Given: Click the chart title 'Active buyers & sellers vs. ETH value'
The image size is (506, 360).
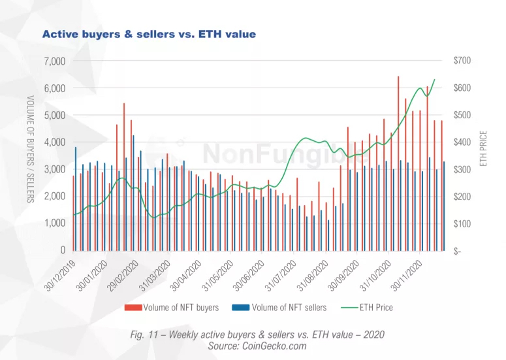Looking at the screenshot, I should [149, 33].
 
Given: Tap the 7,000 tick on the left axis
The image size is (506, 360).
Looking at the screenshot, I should [54, 61].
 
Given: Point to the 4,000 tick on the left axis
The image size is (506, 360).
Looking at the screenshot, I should [54, 142].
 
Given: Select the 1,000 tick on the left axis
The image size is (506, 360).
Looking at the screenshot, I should [54, 223].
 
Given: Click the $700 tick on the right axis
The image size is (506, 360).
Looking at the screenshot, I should [461, 61].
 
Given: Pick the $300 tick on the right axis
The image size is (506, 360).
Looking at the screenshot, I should [461, 169].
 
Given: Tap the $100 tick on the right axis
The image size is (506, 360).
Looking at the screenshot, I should [461, 223].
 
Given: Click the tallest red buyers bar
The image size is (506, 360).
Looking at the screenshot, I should [398, 163].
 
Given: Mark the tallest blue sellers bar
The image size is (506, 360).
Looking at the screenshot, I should [134, 193].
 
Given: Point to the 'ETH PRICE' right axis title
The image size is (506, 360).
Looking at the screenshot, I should [484, 148].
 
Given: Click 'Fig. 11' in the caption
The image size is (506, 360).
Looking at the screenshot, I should [145, 335].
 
